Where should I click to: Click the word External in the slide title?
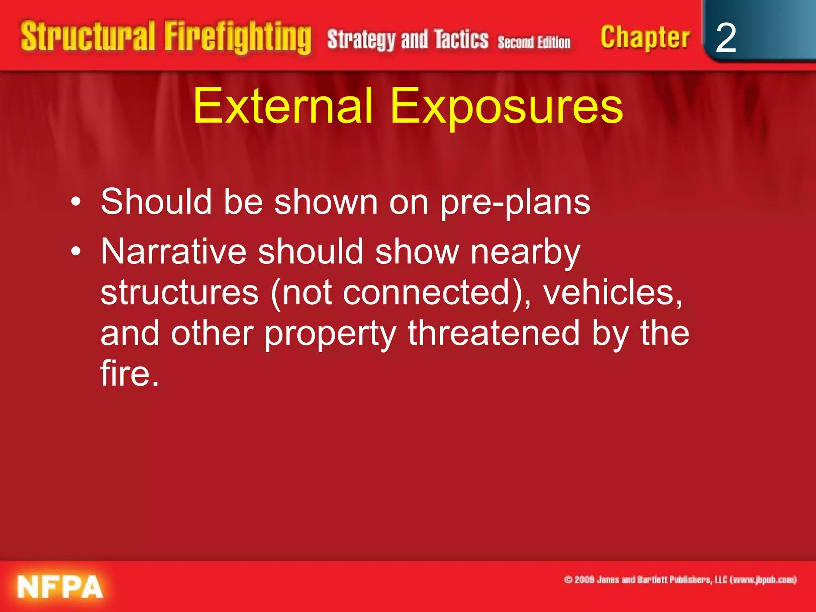pyautogui.click(x=283, y=106)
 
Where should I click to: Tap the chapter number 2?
pyautogui.click(x=726, y=38)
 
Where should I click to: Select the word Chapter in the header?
pyautogui.click(x=645, y=38)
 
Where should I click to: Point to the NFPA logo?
pyautogui.click(x=60, y=586)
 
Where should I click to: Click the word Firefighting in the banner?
pyautogui.click(x=238, y=38)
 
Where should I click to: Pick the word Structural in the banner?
pyautogui.click(x=88, y=37)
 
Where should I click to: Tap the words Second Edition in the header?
pyautogui.click(x=534, y=42)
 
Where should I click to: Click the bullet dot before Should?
pyautogui.click(x=76, y=202)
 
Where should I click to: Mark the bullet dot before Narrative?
pyautogui.click(x=76, y=252)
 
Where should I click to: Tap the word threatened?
pyautogui.click(x=494, y=333)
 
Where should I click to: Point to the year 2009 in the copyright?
pyautogui.click(x=585, y=580)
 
